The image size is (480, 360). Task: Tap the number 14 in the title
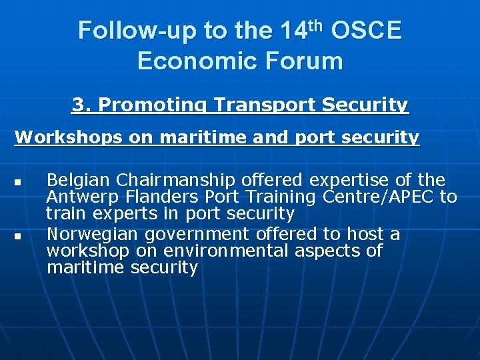295,31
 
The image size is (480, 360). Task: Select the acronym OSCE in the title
366,31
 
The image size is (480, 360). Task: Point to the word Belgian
79,180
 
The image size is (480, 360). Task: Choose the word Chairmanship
175,180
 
